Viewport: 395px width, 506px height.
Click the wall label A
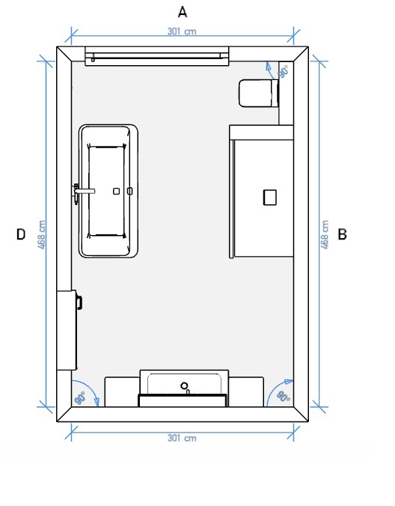(183, 12)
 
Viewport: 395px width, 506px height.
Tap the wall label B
(342, 234)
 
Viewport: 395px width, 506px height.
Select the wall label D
(21, 234)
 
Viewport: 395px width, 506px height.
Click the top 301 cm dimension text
(182, 31)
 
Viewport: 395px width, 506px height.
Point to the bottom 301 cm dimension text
(182, 438)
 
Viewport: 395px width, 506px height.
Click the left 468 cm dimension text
(42, 234)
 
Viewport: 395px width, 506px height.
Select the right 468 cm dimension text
(325, 234)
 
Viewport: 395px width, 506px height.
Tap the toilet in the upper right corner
(259, 94)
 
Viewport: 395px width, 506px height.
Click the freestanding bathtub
(108, 191)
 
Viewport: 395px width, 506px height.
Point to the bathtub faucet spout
(85, 191)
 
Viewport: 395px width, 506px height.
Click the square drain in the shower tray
(270, 198)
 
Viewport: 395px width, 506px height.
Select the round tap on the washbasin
(184, 385)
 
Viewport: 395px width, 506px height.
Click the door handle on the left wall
(79, 302)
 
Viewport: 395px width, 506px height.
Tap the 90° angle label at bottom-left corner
(80, 398)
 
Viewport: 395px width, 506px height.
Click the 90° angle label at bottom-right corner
(283, 397)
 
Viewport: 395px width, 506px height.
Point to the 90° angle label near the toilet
(284, 72)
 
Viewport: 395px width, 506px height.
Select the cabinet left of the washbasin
(122, 391)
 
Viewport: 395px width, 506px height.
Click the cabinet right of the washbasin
(246, 391)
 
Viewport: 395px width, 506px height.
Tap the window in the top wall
(156, 56)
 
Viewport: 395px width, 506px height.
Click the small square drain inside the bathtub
(117, 191)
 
